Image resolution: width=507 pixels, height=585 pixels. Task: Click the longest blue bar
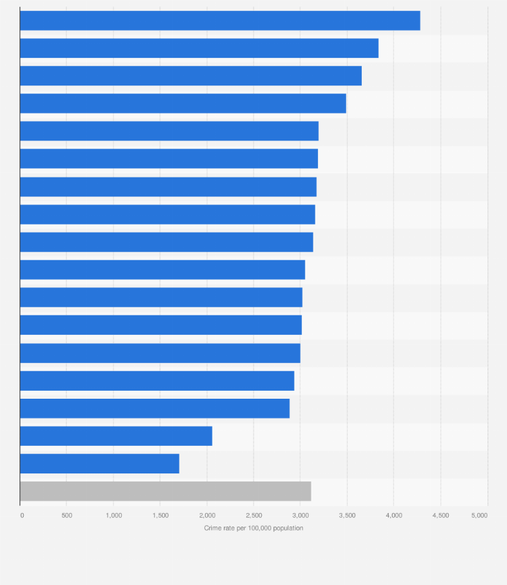[x=220, y=21]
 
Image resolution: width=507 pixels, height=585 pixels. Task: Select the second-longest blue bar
[x=199, y=48]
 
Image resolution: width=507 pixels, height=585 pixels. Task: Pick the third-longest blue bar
[x=191, y=76]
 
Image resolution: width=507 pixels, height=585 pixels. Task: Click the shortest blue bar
[x=100, y=463]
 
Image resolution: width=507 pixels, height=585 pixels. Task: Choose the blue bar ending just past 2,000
[x=116, y=436]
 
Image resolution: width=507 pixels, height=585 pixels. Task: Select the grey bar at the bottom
[x=165, y=491]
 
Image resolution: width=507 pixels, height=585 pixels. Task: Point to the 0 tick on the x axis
[x=22, y=515]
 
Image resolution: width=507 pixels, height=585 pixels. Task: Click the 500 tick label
[x=67, y=515]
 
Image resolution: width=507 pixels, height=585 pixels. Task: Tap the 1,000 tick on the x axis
[x=114, y=515]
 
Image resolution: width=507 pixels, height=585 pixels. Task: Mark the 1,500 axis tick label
[x=160, y=515]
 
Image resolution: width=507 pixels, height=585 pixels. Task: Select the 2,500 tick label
[x=253, y=515]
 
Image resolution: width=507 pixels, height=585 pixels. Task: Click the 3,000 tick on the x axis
[x=301, y=515]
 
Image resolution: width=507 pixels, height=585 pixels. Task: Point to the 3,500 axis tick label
[x=347, y=515]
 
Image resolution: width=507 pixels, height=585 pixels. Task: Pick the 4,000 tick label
[x=394, y=515]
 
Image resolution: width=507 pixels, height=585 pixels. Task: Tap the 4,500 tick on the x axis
[x=440, y=515]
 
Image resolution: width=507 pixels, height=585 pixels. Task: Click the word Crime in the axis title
[x=212, y=529]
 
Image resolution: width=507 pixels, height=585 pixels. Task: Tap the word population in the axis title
[x=288, y=529]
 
